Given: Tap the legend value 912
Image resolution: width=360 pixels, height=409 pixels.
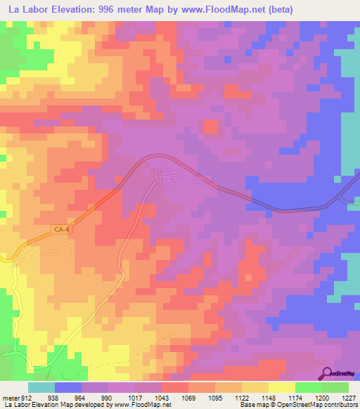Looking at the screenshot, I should [x=27, y=397].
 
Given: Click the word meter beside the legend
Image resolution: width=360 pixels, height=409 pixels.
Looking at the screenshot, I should [x=10, y=397].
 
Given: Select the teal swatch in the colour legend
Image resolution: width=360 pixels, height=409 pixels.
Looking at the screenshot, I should [x=41, y=387].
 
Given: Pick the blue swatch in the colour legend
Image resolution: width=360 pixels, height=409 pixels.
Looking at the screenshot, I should [x=68, y=387].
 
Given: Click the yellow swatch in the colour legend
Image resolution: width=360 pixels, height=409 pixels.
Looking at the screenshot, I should [x=281, y=387].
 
